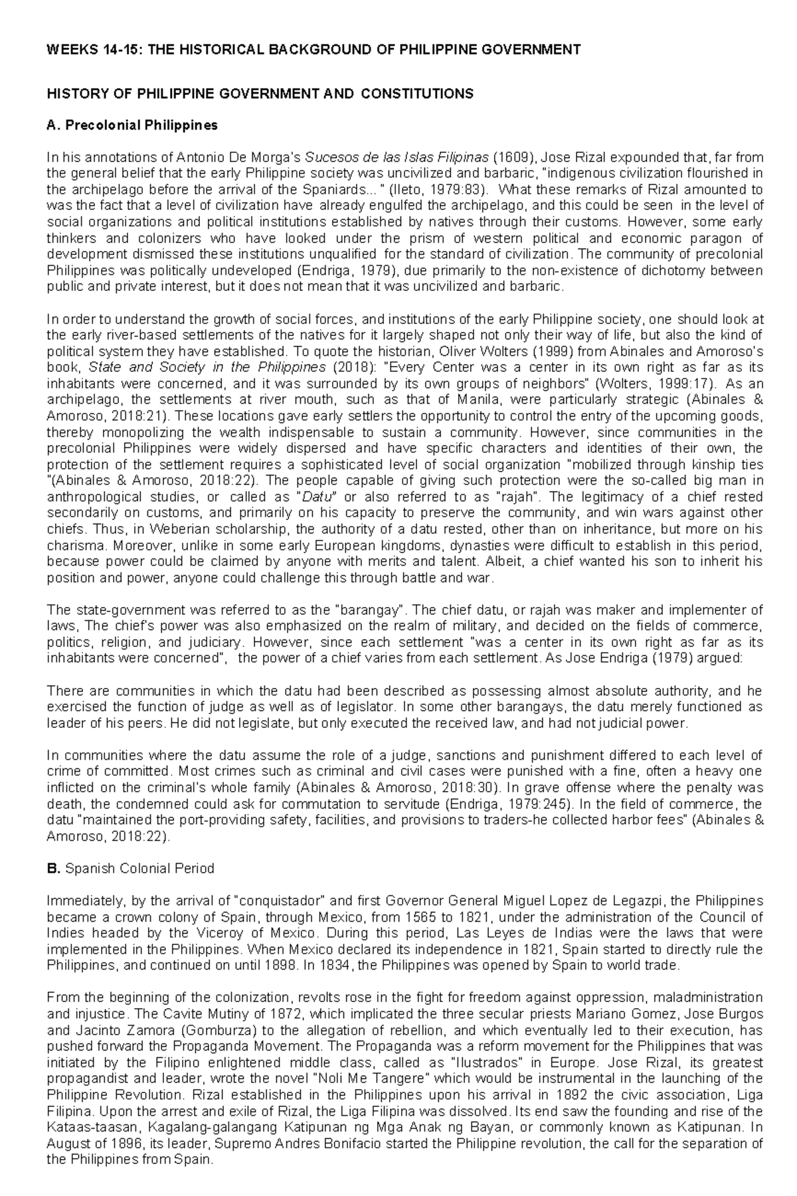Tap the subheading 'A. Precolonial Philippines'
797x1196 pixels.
[132, 125]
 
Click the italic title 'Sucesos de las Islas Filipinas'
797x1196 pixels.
[396, 157]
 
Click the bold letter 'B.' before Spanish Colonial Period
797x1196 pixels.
[53, 869]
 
